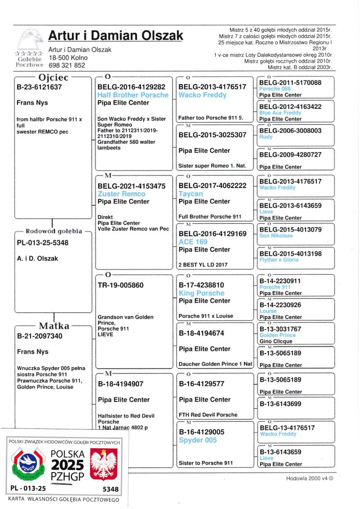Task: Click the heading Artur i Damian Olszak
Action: (x=116, y=36)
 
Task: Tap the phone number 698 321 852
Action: (x=67, y=65)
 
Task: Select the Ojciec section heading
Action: (x=53, y=77)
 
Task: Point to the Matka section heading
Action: (x=54, y=325)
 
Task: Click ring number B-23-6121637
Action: (x=39, y=87)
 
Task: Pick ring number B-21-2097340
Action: (x=40, y=336)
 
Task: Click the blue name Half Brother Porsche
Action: (x=133, y=95)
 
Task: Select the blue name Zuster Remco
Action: (x=121, y=194)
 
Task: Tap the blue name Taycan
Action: (x=191, y=194)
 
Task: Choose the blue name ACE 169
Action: (x=192, y=242)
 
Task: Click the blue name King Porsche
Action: (x=201, y=293)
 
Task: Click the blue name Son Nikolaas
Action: (x=275, y=236)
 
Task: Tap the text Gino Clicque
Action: (x=276, y=341)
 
